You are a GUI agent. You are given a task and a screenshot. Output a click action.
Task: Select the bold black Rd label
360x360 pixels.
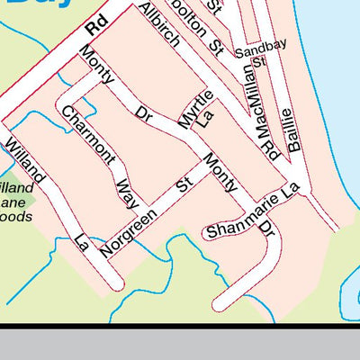pyautogui.click(x=96, y=24)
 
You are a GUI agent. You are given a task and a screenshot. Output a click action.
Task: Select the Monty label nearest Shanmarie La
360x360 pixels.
pyautogui.click(x=220, y=172)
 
